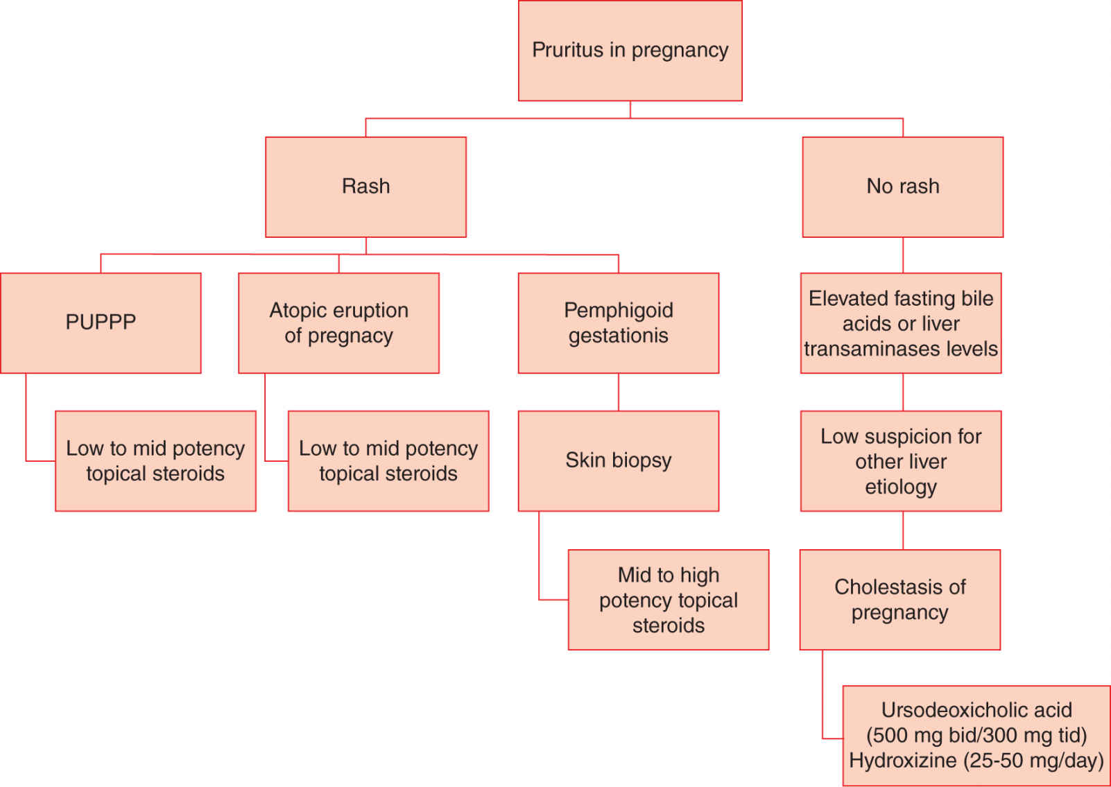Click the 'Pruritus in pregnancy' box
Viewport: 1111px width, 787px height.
point(630,51)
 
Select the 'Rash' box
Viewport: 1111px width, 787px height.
point(365,187)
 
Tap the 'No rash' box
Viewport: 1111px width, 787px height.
point(902,187)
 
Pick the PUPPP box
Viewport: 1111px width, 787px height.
point(101,322)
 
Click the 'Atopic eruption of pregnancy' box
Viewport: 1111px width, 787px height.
point(338,322)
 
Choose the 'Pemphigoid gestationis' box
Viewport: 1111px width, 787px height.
point(618,322)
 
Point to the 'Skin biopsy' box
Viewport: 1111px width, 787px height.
point(618,460)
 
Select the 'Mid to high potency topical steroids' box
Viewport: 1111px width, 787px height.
point(668,600)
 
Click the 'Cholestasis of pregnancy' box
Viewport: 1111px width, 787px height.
point(899,600)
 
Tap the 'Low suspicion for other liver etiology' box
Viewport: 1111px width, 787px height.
point(900,461)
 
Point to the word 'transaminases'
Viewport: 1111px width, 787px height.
point(868,349)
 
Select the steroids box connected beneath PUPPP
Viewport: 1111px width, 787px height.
point(155,461)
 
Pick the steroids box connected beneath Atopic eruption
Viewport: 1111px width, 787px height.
point(388,461)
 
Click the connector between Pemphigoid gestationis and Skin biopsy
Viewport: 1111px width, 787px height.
point(619,392)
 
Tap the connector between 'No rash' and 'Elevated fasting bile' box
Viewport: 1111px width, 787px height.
point(903,254)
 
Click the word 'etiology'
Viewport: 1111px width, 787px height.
point(900,487)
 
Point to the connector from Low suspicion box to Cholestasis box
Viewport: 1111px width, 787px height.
point(903,530)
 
